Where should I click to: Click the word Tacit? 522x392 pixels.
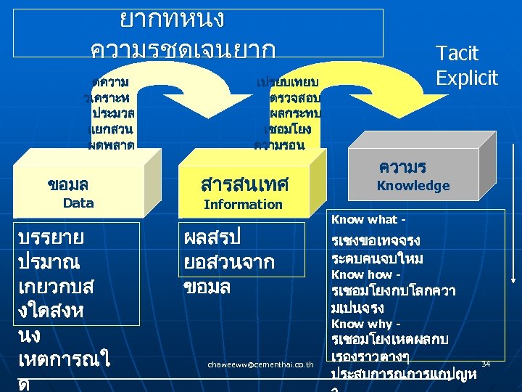point(457,53)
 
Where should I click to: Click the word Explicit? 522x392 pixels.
point(467,78)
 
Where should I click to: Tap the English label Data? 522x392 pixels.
point(78,203)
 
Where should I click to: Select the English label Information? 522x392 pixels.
point(243,205)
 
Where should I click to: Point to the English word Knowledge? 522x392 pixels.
point(413,186)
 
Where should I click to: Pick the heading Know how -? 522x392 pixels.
point(366,274)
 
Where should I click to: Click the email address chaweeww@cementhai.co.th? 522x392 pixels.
point(260,363)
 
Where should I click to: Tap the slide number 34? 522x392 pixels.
point(486,363)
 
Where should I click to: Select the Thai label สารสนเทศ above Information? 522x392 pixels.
point(244,184)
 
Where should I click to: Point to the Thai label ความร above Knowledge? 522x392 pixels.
point(402,167)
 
